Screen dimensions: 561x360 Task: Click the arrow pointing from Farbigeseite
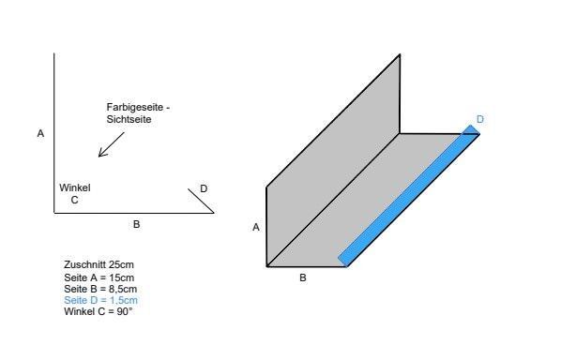(112, 144)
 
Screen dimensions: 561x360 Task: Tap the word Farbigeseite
(135, 107)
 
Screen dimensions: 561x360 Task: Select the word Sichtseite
(129, 119)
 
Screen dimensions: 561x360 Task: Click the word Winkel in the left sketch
(75, 187)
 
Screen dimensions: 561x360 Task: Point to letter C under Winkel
(74, 201)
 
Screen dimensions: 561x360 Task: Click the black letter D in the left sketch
(204, 188)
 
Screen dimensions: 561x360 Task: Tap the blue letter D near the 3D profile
(480, 119)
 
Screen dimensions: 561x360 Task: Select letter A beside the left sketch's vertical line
(40, 133)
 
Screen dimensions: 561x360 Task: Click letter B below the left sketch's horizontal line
(136, 224)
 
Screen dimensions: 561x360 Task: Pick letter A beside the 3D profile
(256, 227)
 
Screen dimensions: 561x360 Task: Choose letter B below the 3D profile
(303, 277)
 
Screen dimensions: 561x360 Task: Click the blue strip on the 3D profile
(409, 196)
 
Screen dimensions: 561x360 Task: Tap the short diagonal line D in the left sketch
(201, 201)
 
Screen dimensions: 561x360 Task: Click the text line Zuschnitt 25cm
(99, 265)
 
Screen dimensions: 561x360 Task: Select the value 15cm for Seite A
(122, 277)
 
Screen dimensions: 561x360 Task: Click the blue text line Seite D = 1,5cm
(101, 300)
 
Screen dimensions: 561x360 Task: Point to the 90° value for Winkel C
(125, 311)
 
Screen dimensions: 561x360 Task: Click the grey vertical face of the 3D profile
(333, 160)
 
